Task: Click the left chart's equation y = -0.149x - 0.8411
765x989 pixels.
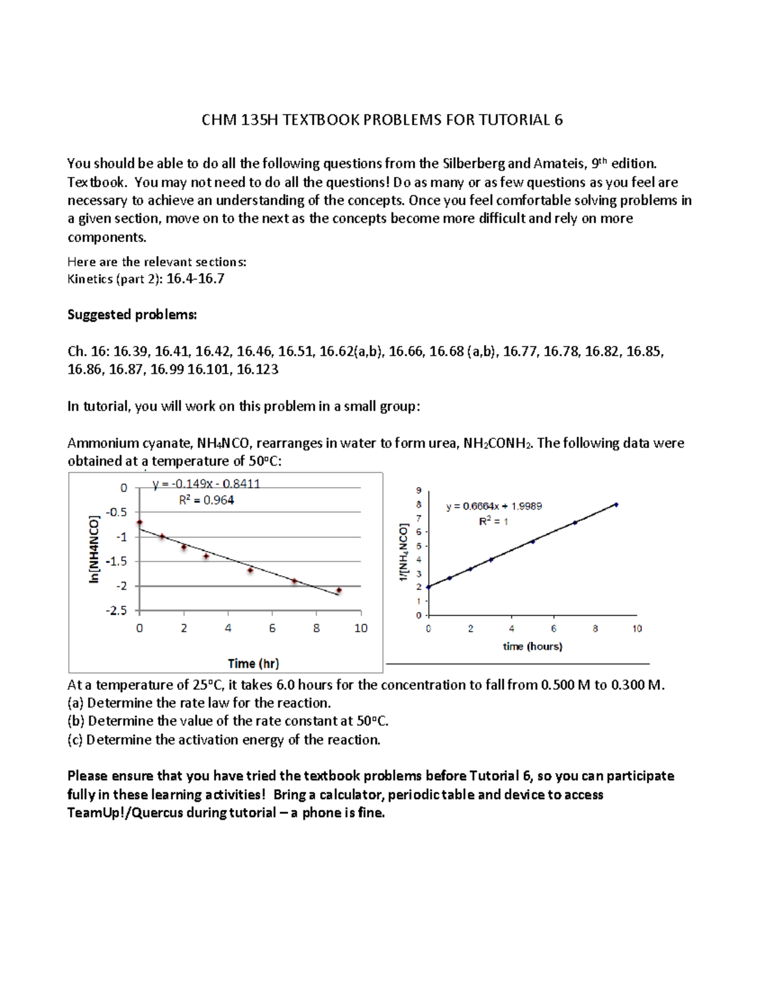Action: [x=206, y=484]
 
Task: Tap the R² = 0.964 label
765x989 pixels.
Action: [x=206, y=500]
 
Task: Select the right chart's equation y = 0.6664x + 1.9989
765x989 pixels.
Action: [x=494, y=506]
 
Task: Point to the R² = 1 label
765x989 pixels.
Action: [x=494, y=522]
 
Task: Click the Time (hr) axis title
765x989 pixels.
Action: [x=253, y=663]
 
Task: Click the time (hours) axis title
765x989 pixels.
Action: [x=532, y=646]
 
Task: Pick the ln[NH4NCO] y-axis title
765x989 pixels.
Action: [x=94, y=549]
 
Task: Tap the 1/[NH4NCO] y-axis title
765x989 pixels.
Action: [x=403, y=552]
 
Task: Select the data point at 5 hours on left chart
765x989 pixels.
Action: [x=251, y=570]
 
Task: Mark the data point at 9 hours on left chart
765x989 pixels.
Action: [x=339, y=590]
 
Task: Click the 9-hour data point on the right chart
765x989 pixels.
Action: [x=616, y=505]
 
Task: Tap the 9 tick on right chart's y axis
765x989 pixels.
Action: [x=419, y=490]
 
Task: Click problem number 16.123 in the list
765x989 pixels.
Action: [x=257, y=369]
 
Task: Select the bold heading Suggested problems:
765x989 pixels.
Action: [x=132, y=315]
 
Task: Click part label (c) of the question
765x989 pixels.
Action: [x=75, y=739]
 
